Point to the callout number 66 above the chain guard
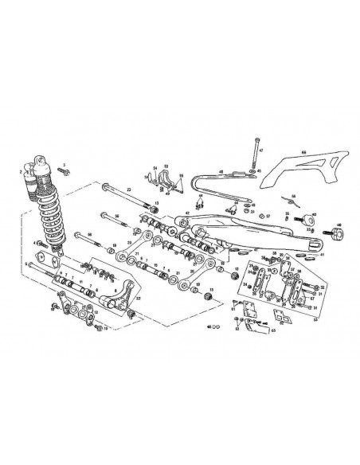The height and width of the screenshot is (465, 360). pos(303,150)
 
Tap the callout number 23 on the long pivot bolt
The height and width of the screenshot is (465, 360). pos(128,190)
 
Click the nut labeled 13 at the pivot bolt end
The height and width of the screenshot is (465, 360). pos(156,204)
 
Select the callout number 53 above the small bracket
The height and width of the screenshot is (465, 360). pos(167,166)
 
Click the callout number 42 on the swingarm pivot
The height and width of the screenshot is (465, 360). pos(187,213)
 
